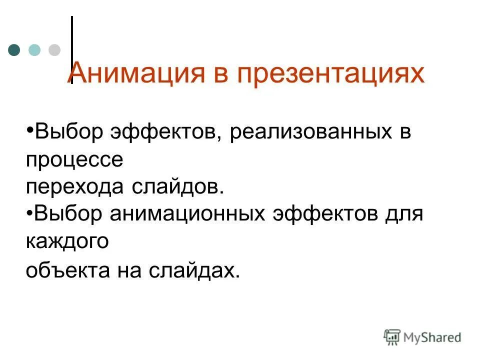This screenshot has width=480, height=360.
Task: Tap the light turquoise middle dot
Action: point(34,50)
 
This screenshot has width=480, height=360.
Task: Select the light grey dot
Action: point(54,50)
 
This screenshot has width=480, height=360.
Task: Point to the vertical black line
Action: point(72,45)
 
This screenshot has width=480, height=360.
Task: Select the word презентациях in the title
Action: point(330,73)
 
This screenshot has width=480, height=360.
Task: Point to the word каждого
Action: point(67,241)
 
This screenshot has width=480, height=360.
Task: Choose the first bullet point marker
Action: point(29,131)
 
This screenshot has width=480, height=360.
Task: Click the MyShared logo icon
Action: point(392,337)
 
